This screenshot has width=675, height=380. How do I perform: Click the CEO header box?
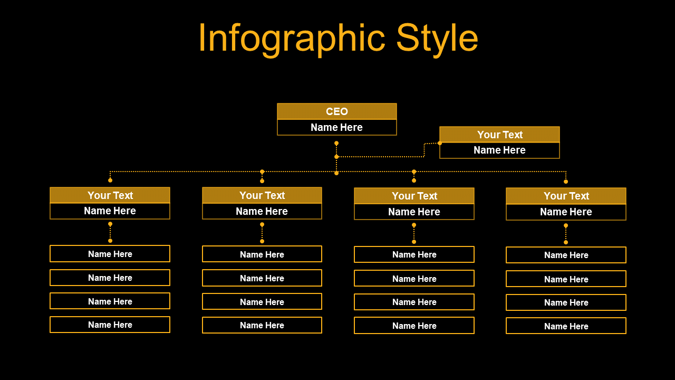tap(337, 111)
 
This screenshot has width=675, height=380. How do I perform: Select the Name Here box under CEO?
tap(337, 128)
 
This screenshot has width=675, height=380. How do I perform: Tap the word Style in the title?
tap(437, 39)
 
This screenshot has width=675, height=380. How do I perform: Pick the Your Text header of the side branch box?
tap(499, 135)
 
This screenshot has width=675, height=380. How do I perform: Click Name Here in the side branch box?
tap(499, 150)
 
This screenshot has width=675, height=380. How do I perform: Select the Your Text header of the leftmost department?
tap(110, 195)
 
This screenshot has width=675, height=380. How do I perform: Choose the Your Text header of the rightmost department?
tap(566, 196)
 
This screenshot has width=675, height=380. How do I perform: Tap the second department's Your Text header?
tap(262, 195)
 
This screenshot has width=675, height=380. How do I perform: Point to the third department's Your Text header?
tap(414, 196)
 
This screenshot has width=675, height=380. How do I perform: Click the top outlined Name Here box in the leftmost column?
tap(110, 254)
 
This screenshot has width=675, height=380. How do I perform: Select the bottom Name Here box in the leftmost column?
tap(110, 325)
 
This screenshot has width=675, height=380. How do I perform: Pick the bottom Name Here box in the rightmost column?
tap(566, 326)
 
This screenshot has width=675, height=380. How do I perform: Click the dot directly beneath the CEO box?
tap(336, 143)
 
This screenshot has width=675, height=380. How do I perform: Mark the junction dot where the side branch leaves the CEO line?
tap(336, 157)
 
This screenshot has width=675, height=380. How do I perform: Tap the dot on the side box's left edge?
tap(440, 143)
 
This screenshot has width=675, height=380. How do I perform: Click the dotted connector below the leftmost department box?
tap(110, 233)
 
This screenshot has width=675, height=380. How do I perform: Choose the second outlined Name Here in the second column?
tap(262, 278)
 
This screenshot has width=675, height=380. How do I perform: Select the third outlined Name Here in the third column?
tap(414, 302)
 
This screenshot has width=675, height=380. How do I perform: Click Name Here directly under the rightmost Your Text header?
tap(566, 212)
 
